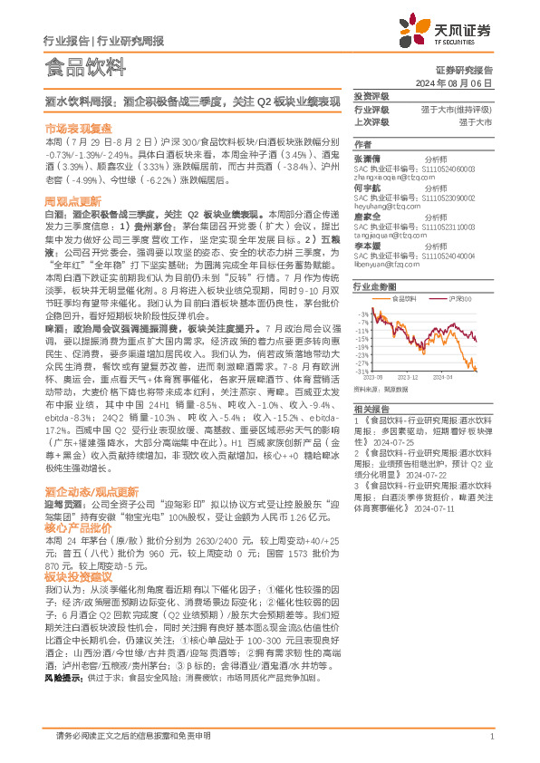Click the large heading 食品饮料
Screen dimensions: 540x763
point(83,65)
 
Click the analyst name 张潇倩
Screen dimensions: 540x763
point(366,158)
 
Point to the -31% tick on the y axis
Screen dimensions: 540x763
point(363,371)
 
